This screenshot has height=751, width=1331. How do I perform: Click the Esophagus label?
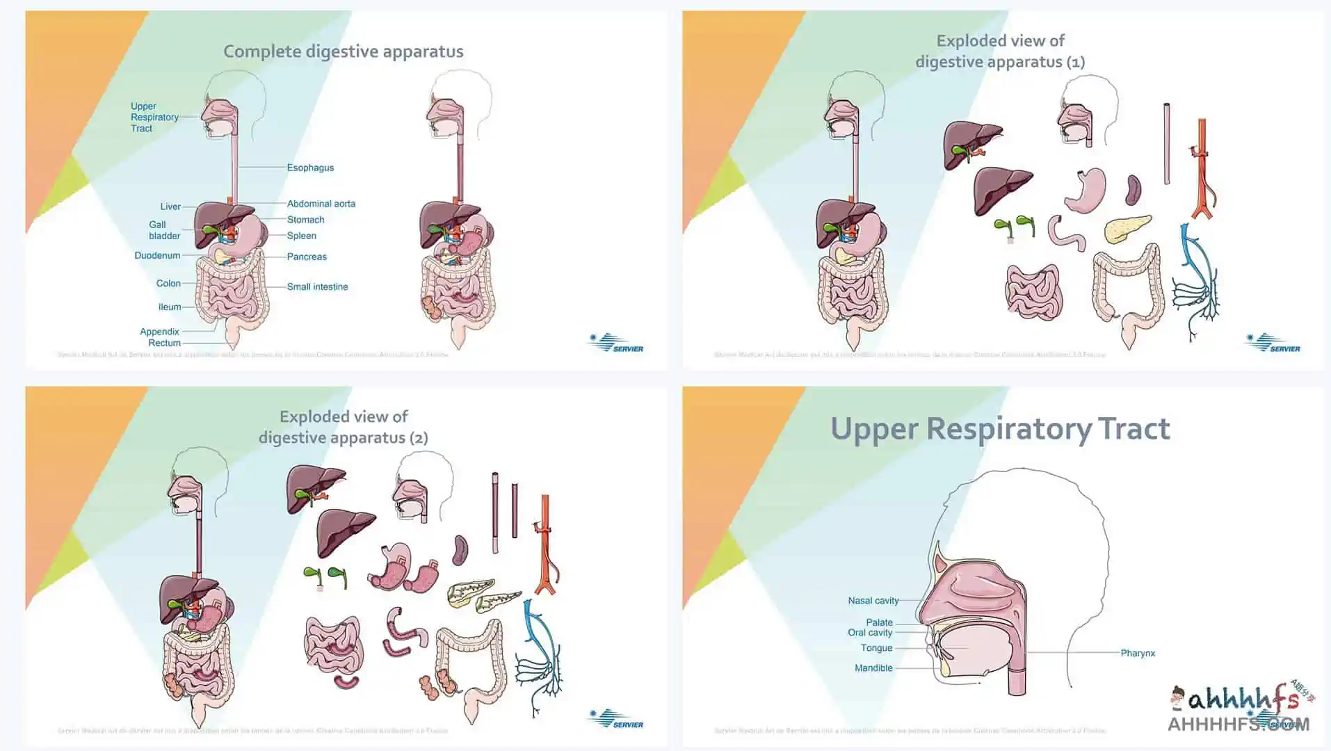tap(310, 168)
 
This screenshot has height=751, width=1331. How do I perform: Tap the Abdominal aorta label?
tap(321, 204)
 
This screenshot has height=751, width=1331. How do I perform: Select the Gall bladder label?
tap(164, 230)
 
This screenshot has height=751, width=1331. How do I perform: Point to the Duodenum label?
tap(157, 255)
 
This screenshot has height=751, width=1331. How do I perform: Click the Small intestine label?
tap(317, 286)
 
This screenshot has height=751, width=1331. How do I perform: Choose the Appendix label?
tap(159, 332)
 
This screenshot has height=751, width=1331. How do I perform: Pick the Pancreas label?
tap(307, 257)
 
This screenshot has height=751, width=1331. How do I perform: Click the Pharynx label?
tap(1138, 653)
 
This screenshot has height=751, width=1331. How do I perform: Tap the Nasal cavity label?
tap(873, 600)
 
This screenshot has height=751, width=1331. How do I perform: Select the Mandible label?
tap(873, 668)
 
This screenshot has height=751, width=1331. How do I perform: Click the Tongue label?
tap(876, 647)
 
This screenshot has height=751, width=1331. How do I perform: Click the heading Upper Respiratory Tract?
tap(1000, 428)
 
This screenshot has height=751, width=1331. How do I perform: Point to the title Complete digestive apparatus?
tap(343, 51)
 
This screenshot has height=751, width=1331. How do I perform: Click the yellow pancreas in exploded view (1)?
tap(1127, 229)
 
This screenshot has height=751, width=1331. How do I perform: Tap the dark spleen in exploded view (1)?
tap(1134, 188)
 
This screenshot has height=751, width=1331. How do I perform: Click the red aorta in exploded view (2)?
tap(545, 542)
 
